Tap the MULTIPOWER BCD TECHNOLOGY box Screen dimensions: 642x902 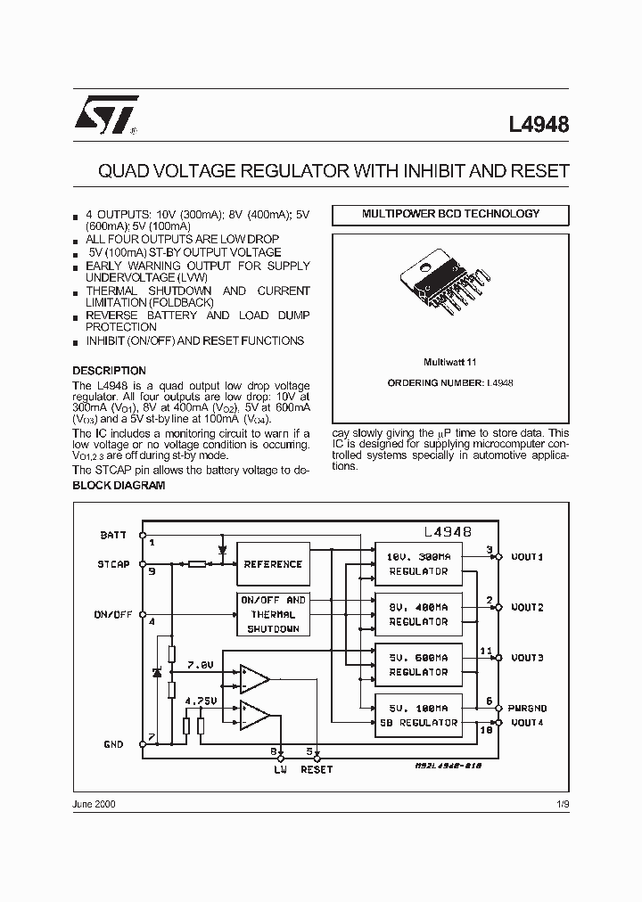tap(450, 215)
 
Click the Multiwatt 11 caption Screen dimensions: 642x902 tap(450, 363)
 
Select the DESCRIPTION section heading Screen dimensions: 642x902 tap(109, 371)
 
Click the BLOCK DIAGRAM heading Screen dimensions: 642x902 tap(119, 486)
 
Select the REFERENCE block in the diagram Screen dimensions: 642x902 tap(272, 564)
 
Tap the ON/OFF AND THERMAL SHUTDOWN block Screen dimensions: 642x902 tap(273, 614)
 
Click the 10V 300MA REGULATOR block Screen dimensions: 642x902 tap(418, 564)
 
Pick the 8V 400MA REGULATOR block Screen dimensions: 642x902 tap(418, 614)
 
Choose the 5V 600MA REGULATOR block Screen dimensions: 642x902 tap(418, 665)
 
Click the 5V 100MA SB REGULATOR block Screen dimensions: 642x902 tap(418, 715)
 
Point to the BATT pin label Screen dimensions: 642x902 tap(113, 535)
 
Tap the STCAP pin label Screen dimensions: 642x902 tap(113, 564)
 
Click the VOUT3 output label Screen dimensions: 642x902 tap(527, 658)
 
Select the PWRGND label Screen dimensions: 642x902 tap(529, 708)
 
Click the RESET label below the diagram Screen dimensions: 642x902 tap(317, 768)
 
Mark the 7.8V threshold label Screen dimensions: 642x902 tap(202, 665)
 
